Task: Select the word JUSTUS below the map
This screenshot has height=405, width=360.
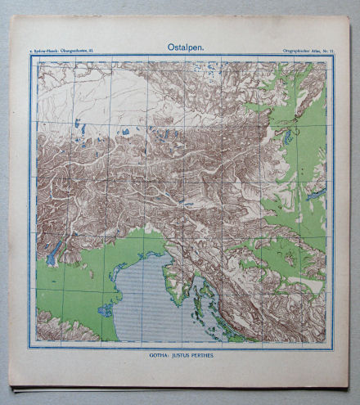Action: (180, 357)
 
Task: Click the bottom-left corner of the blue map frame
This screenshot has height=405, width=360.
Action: (32, 344)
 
